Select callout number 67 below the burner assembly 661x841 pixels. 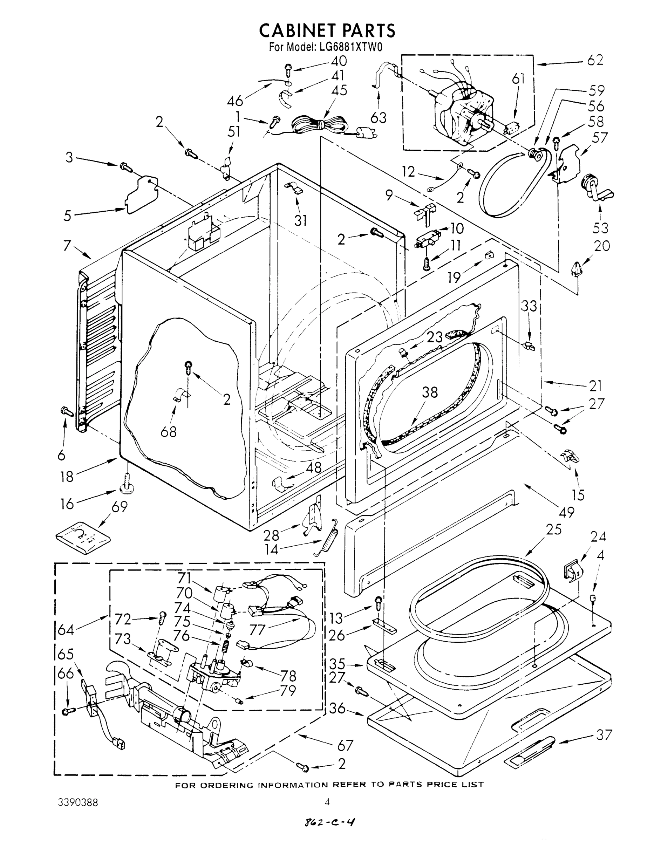pyautogui.click(x=345, y=745)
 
